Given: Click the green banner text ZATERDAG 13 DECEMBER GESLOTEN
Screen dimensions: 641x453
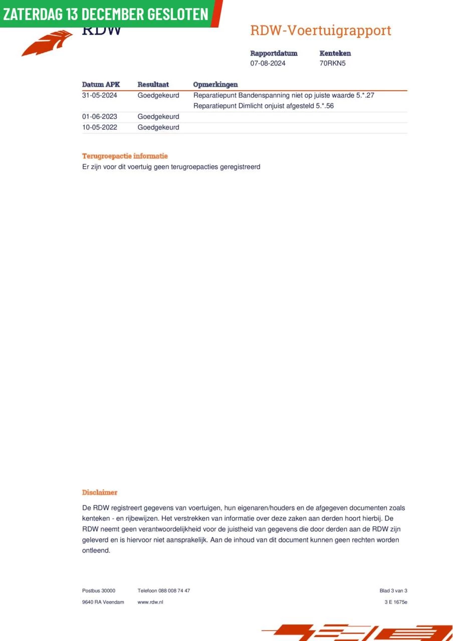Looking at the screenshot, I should [x=106, y=14].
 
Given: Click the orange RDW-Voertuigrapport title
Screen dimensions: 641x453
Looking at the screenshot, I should [x=320, y=31].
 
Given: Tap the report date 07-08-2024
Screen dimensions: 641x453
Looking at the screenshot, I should [x=268, y=64].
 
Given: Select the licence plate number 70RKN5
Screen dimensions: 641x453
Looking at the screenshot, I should [x=333, y=64].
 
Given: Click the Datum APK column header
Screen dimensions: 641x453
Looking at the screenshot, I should [x=101, y=85].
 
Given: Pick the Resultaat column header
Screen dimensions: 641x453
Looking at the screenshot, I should [x=153, y=85].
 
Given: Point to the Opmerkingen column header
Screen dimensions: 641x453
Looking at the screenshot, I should [x=215, y=85].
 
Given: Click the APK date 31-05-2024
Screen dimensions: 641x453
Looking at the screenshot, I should [x=99, y=95].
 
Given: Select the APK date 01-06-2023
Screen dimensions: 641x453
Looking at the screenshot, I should [x=99, y=117].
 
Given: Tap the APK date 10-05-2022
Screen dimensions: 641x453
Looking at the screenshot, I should [x=99, y=127].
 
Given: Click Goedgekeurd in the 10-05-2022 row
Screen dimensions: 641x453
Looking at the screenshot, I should [x=158, y=127].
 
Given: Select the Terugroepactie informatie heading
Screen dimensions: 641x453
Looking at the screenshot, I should [x=125, y=156].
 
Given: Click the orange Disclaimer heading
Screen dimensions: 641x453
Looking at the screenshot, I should [x=100, y=493].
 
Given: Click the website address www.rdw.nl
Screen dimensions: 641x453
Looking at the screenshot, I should [x=150, y=602].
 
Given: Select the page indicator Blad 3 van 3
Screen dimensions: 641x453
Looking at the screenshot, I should [x=393, y=591].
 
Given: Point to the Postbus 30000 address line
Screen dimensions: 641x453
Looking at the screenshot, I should [x=99, y=591].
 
